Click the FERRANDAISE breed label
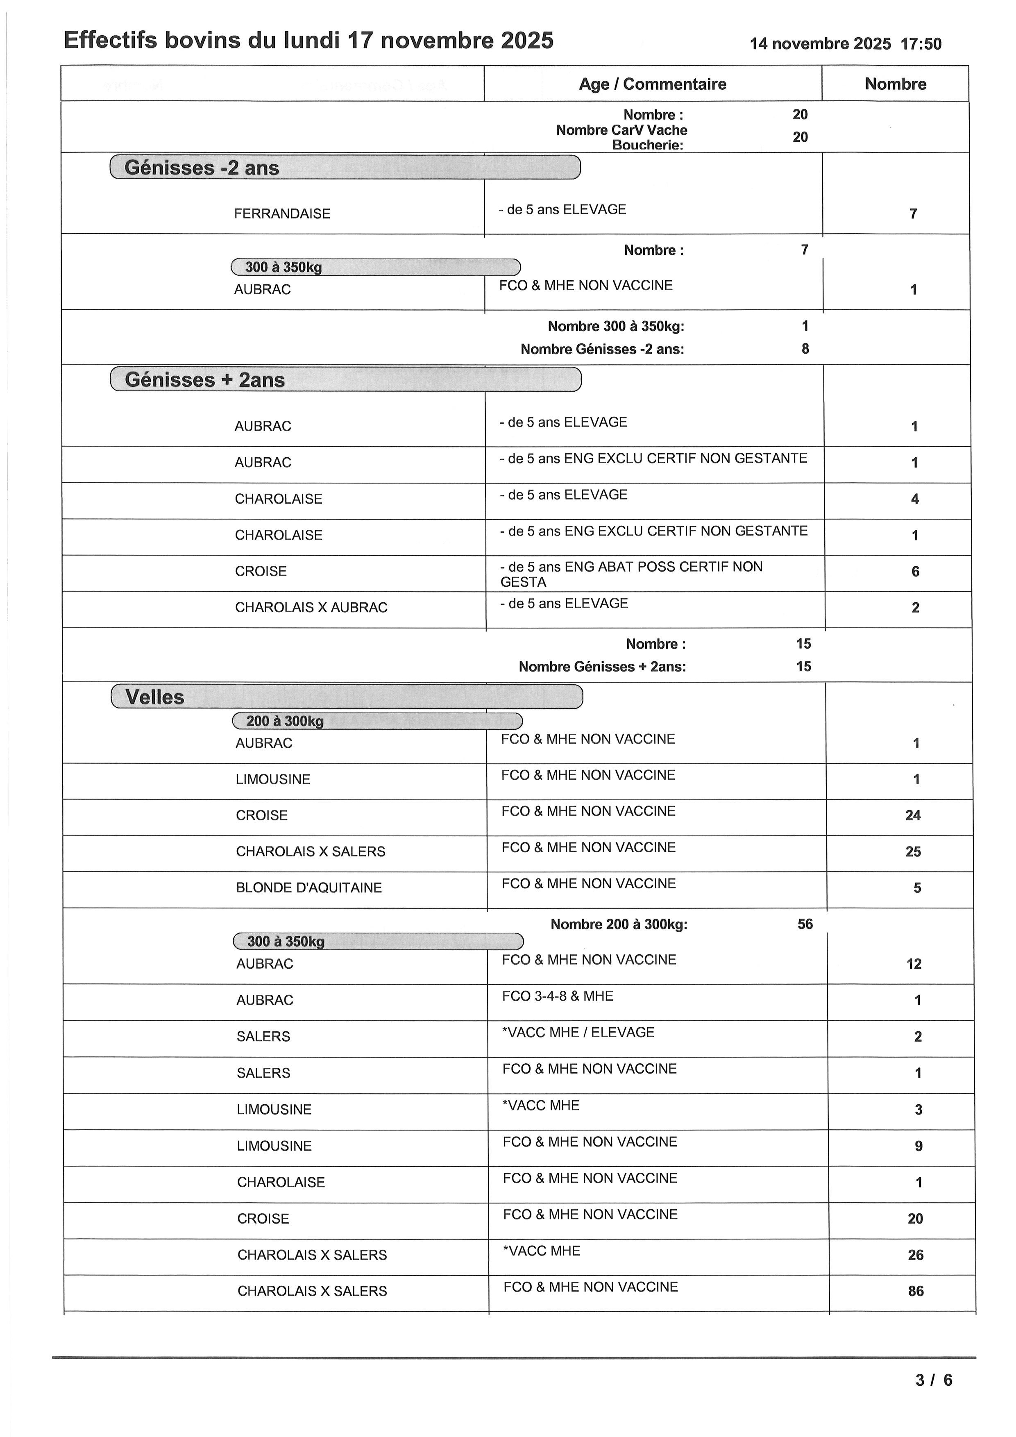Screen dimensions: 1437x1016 pos(282,213)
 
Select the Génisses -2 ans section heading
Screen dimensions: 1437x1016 pos(202,168)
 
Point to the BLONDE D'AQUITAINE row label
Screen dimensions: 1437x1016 pos(308,888)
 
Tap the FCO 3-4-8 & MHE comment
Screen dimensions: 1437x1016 pos(558,996)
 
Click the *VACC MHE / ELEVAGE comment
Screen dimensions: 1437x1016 pos(578,1032)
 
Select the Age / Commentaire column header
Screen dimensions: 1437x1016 pos(653,84)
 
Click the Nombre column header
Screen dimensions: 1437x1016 pos(895,84)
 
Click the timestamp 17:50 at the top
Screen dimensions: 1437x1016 pos(921,44)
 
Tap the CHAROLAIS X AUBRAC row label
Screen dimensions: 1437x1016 pos(311,607)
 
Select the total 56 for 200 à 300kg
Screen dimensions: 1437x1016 pos(805,924)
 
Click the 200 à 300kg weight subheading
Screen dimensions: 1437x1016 pos(285,721)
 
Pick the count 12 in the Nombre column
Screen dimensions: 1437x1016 pos(914,964)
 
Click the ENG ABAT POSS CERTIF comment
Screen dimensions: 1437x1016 pos(630,574)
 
